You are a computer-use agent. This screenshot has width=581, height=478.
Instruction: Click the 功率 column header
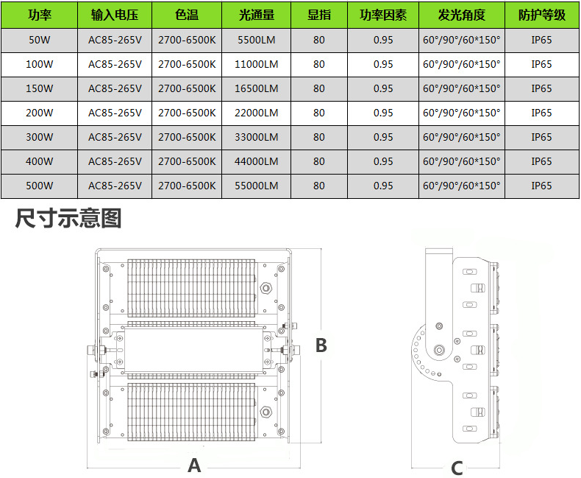(40, 15)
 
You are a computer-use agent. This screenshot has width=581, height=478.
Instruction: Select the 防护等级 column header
(542, 15)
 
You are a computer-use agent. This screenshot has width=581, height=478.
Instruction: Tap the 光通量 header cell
(257, 15)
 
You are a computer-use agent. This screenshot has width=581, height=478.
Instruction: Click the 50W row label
(40, 40)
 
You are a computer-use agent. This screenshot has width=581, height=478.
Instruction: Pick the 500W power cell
(40, 186)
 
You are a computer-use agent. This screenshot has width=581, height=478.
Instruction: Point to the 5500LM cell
(257, 40)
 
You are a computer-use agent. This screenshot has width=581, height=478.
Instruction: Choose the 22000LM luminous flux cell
(257, 113)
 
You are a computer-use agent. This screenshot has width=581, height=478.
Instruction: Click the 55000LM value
(257, 186)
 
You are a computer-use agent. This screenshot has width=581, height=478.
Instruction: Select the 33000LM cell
(257, 137)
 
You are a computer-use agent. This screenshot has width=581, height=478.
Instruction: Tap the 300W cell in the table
(40, 137)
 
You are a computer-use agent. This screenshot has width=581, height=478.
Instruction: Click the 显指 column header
(319, 15)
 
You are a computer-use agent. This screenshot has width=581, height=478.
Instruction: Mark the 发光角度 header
(462, 15)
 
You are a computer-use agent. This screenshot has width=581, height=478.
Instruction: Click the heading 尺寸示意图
(68, 218)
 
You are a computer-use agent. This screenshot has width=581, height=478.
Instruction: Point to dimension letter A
(195, 465)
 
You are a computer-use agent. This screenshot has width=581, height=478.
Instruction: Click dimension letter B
(321, 345)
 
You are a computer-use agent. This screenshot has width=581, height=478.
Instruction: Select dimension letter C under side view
(457, 468)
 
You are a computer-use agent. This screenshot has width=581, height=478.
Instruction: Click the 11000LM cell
(257, 64)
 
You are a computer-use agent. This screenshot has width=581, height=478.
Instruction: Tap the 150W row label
(40, 88)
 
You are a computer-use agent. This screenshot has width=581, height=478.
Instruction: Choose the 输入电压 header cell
(115, 15)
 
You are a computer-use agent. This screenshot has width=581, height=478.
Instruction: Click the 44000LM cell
(257, 161)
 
